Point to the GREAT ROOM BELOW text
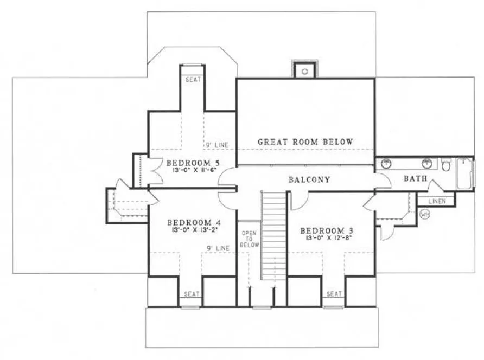[305, 142]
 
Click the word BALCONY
[309, 179]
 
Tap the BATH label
[415, 178]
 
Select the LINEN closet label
[437, 201]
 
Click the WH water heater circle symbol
[425, 214]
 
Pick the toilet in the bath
[446, 165]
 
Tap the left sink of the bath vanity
[386, 163]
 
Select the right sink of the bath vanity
[428, 163]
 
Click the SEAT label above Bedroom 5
[193, 80]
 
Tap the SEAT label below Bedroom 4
[191, 294]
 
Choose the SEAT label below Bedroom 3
[334, 294]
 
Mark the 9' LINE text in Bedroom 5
[216, 145]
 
